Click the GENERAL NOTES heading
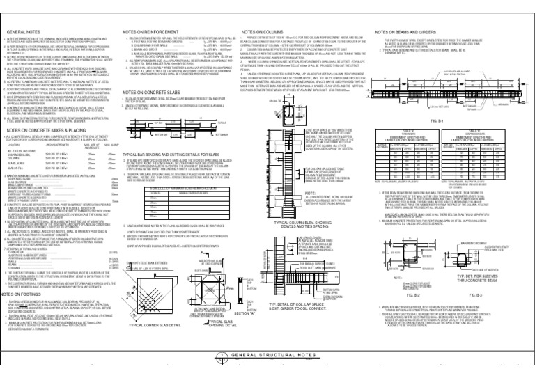click(x=24, y=33)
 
